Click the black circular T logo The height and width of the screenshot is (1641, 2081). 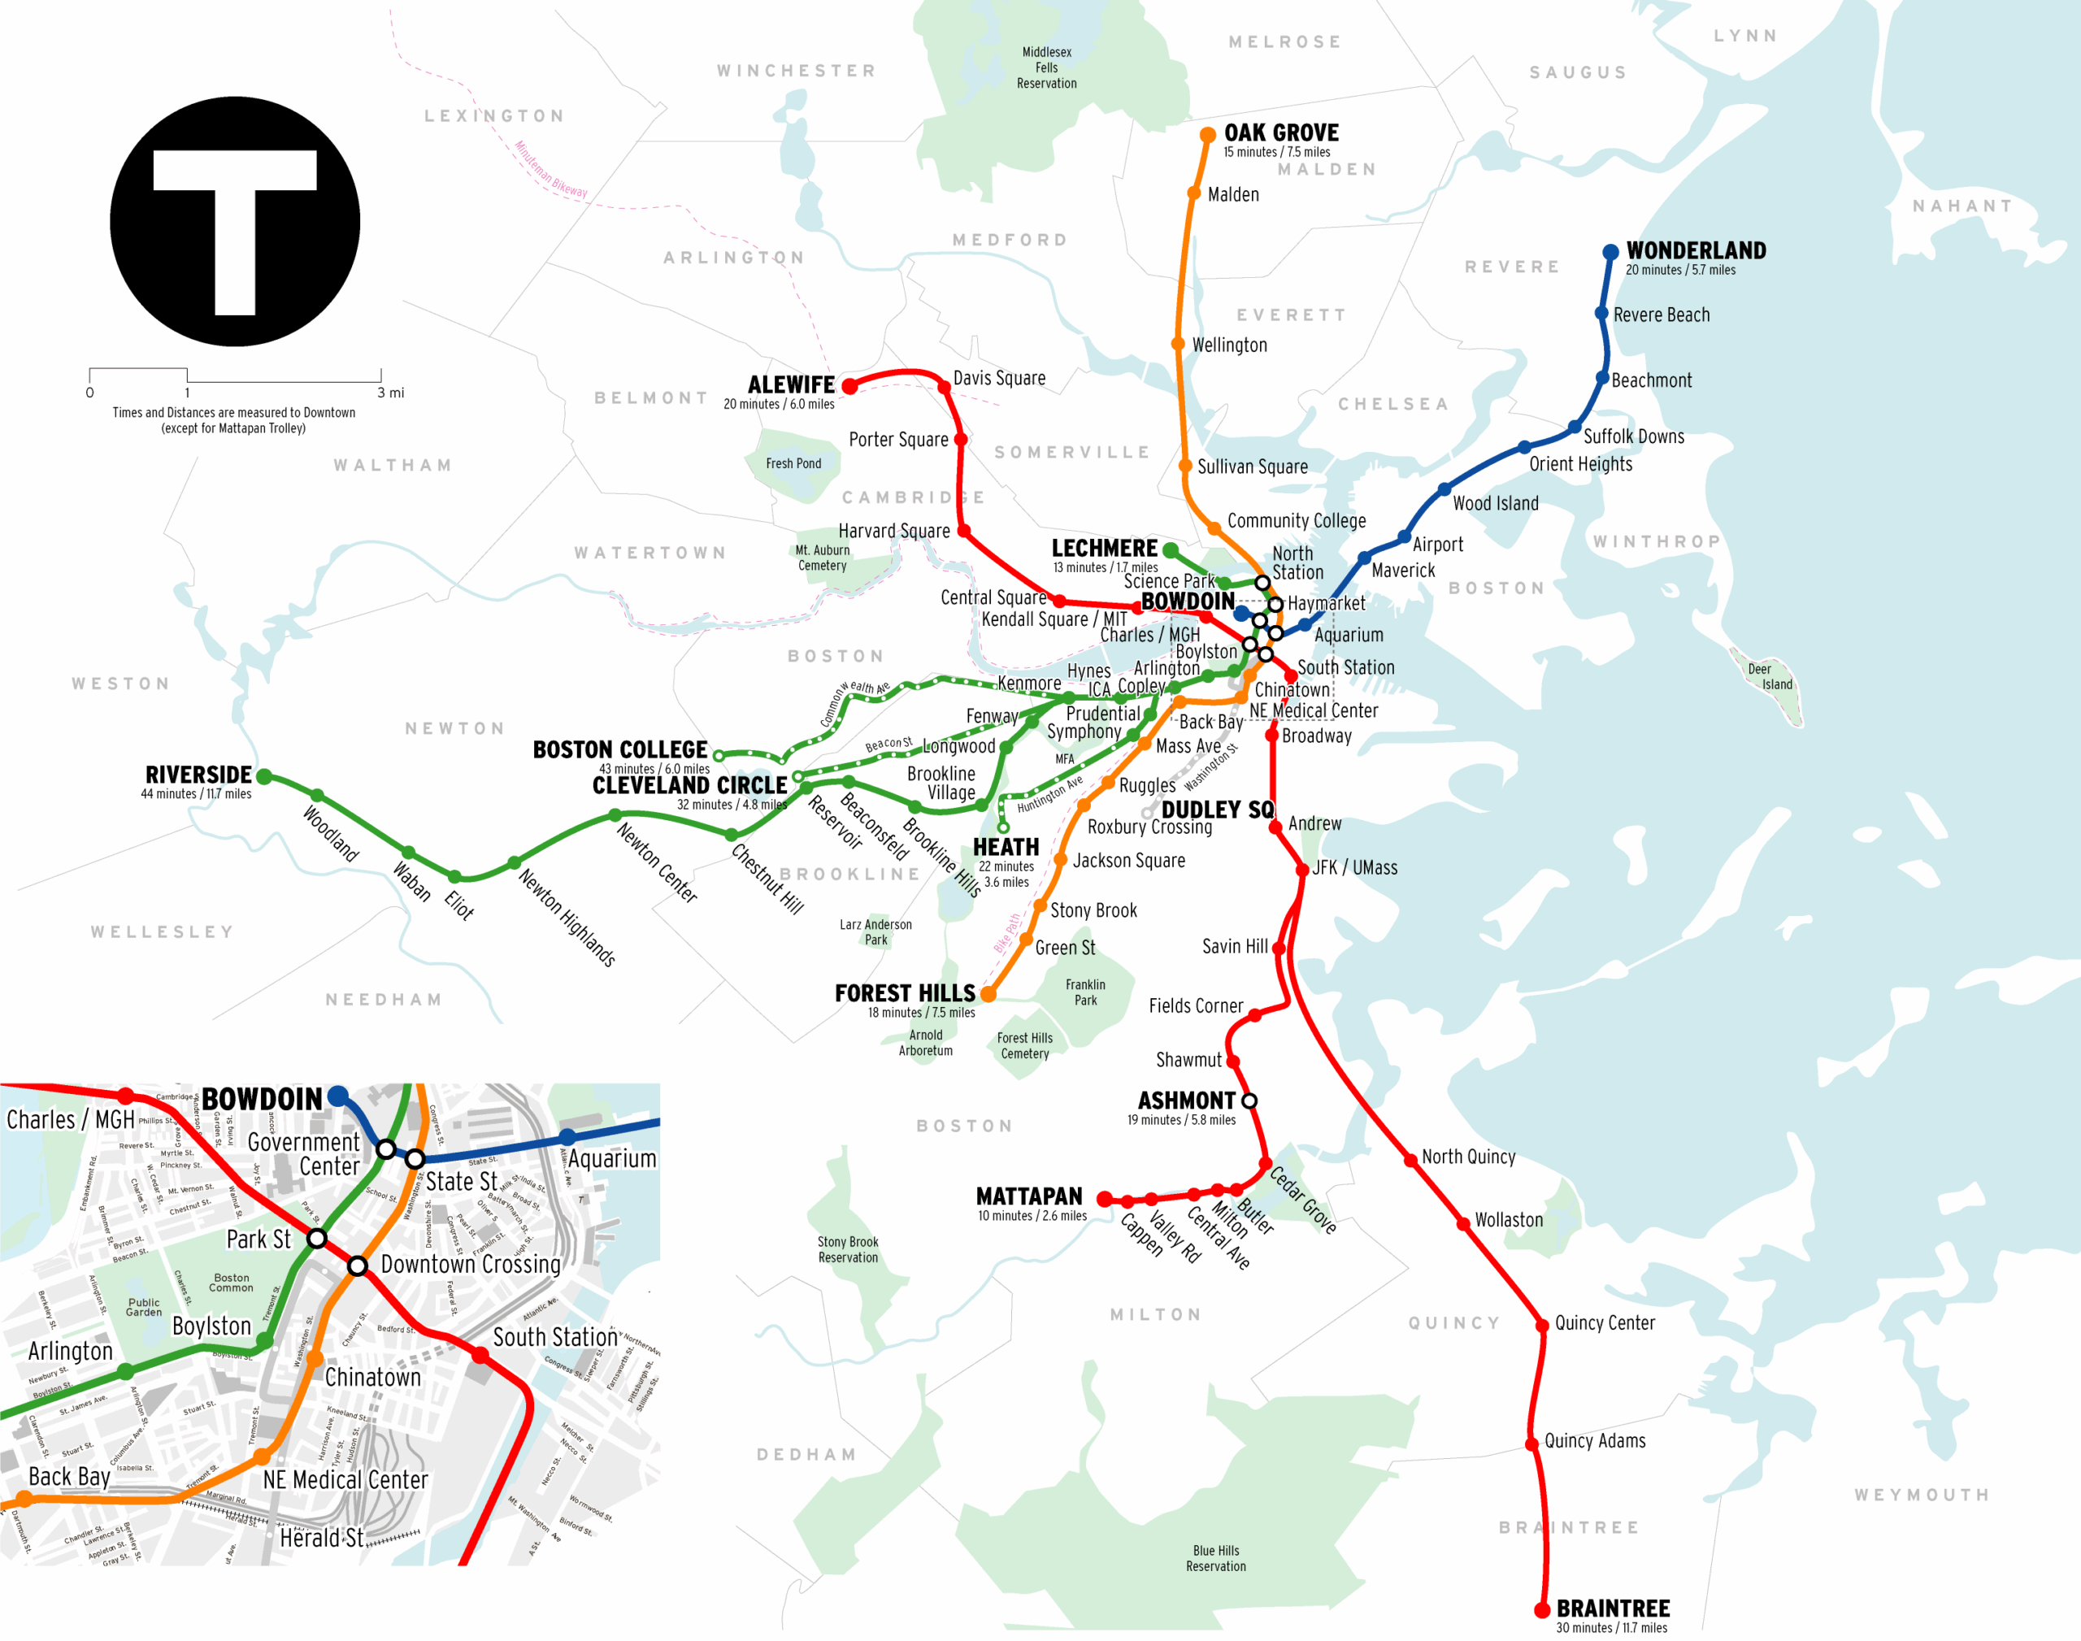point(234,221)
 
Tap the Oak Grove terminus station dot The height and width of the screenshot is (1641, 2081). point(1208,136)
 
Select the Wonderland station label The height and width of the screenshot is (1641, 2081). point(1696,251)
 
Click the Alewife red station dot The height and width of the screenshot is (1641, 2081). point(849,386)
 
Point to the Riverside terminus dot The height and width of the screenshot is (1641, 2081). point(264,776)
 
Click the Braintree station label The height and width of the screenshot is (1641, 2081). point(1613,1608)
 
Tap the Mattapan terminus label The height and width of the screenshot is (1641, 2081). point(1029,1196)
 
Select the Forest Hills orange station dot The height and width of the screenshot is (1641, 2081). point(988,994)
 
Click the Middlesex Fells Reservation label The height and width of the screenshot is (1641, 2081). point(1046,67)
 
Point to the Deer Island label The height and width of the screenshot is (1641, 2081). point(1770,676)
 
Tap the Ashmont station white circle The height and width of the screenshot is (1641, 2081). point(1249,1101)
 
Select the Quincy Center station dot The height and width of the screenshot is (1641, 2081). point(1541,1324)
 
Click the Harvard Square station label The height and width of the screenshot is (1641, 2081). point(893,531)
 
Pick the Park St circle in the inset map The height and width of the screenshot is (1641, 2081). point(316,1239)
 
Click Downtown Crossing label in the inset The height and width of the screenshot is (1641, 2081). point(470,1265)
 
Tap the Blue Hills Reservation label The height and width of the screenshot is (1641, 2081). point(1215,1558)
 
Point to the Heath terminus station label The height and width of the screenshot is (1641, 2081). point(1006,848)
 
